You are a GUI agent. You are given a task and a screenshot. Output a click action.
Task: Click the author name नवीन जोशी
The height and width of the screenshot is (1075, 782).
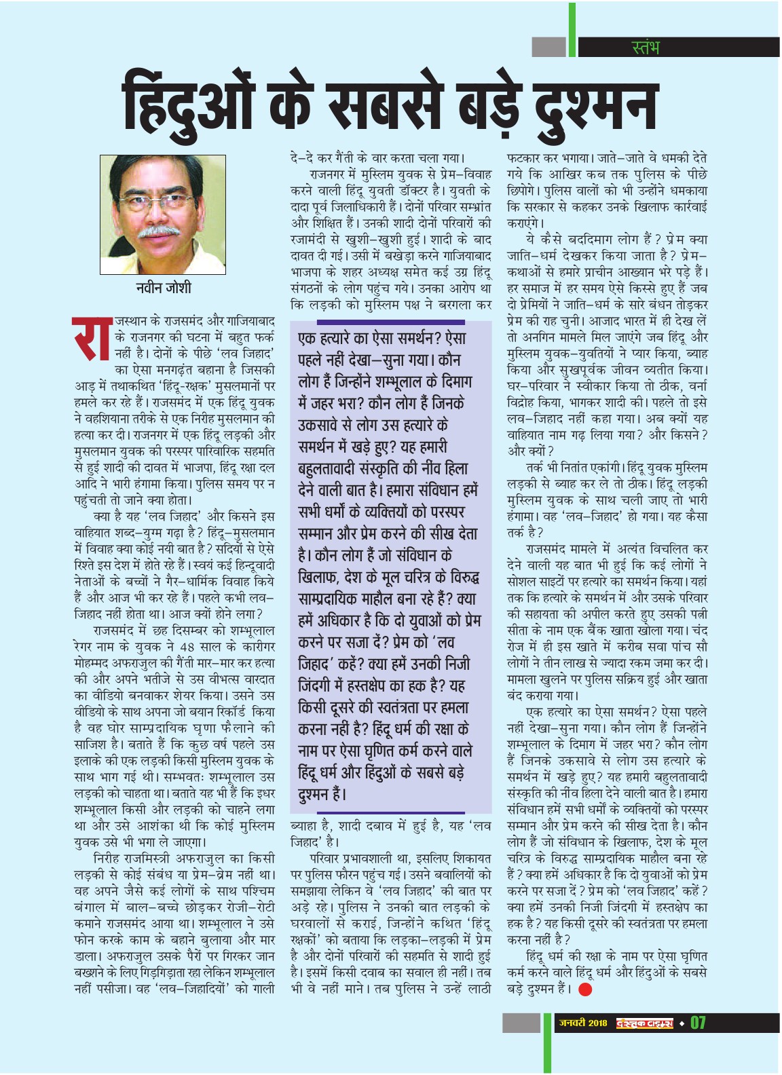[163, 288]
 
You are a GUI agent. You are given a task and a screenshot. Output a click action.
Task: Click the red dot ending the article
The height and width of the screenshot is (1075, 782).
[584, 989]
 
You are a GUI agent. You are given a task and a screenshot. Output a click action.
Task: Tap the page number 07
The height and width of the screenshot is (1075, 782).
[698, 1023]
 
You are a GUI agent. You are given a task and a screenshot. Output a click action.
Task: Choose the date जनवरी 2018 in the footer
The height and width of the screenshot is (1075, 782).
[583, 1023]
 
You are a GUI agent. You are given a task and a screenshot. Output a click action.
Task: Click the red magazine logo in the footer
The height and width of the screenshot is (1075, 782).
[644, 1023]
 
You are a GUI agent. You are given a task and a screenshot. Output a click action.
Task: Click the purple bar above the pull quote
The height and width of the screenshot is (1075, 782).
[390, 322]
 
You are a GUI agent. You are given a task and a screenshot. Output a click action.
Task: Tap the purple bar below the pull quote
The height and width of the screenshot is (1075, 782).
[390, 812]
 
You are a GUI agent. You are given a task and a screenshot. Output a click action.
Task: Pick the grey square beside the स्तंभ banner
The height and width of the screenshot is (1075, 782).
[548, 47]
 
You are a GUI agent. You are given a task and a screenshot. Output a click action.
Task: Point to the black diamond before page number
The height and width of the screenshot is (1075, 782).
[682, 1023]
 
